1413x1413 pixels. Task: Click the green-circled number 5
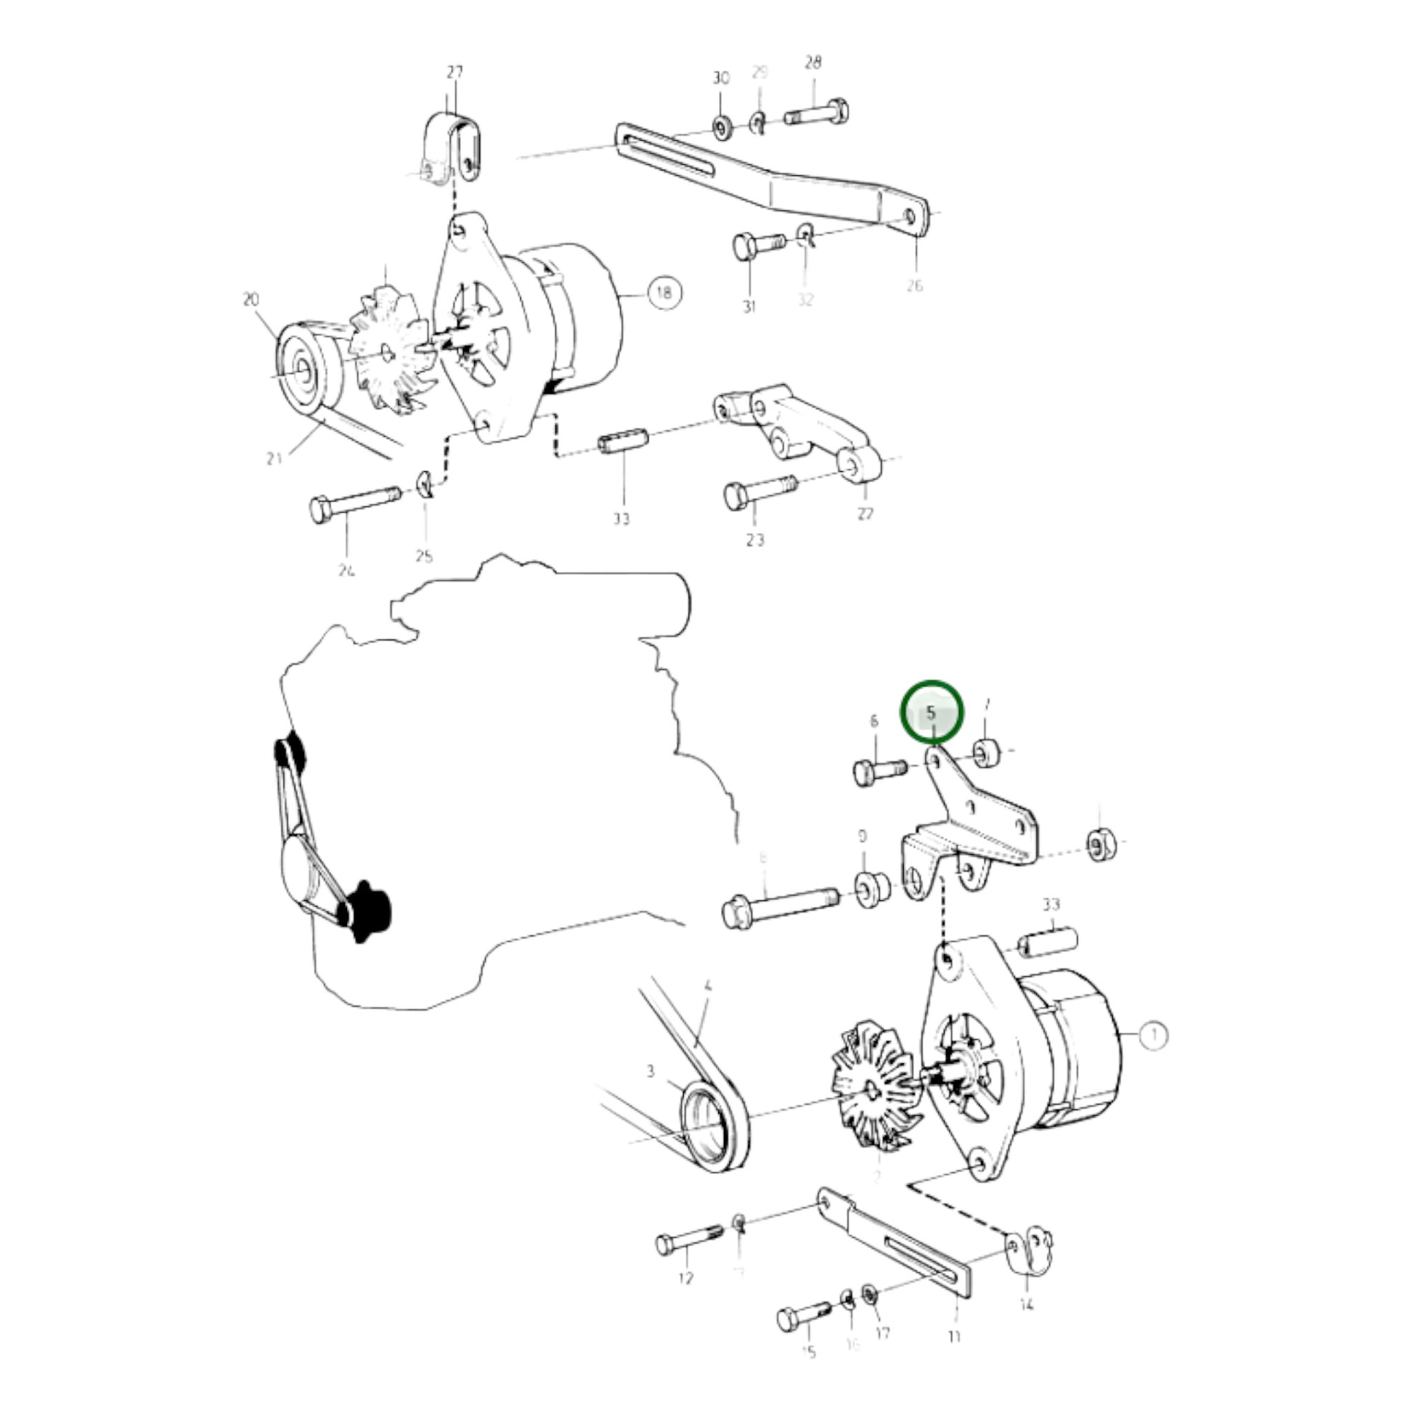point(931,712)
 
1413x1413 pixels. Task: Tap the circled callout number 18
point(664,293)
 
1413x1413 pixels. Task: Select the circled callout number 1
point(1155,1035)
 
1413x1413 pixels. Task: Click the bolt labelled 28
point(818,114)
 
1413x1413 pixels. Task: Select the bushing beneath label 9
point(872,887)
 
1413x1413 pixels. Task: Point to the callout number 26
point(915,285)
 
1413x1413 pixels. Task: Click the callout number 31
point(749,306)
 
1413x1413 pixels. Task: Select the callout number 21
point(274,459)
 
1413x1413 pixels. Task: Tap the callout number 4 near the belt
point(707,986)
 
